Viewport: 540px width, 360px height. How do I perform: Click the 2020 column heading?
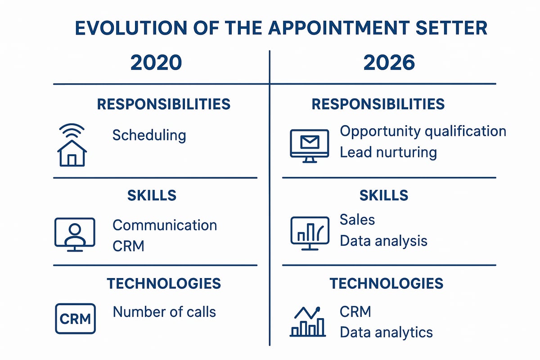click(156, 63)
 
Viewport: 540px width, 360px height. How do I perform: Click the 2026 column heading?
click(389, 63)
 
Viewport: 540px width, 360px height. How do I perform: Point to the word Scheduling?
click(149, 135)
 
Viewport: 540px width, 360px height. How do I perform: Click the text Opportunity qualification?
click(423, 131)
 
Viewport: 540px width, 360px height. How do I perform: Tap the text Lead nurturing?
click(388, 152)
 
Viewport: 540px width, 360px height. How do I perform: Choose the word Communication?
click(165, 225)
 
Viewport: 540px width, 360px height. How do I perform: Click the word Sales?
click(357, 220)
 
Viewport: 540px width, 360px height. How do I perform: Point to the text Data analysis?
click(383, 241)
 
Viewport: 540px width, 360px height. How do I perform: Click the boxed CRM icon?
click(75, 319)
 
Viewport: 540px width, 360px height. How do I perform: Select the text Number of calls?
click(164, 311)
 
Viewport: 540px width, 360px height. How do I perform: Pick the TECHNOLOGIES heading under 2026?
click(386, 283)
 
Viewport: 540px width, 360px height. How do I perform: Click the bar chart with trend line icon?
click(307, 322)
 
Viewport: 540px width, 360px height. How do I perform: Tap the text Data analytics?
click(386, 333)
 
